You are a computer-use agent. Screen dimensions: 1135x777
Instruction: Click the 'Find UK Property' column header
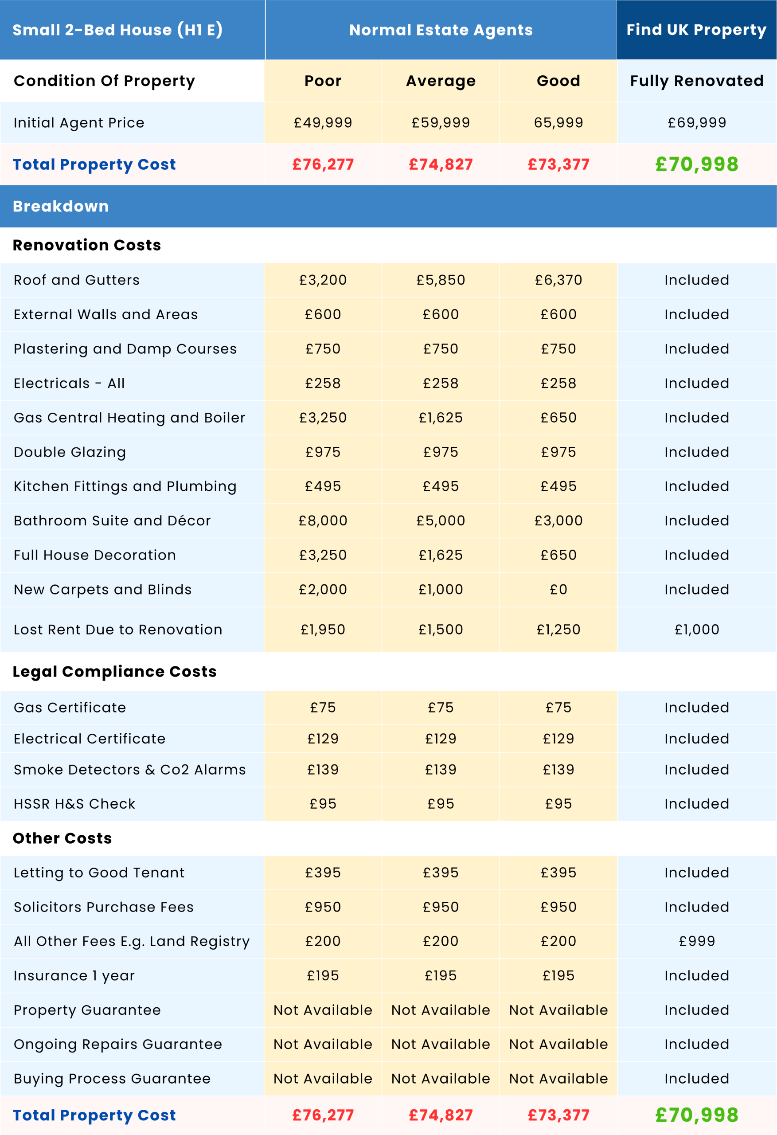(696, 30)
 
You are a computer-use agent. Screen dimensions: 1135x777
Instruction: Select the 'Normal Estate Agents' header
(441, 30)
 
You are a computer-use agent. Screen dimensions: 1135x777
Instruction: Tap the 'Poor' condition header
(323, 81)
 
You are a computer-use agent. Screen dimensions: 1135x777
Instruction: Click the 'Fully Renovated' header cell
(696, 81)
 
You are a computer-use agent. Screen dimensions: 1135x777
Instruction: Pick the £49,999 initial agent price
(323, 122)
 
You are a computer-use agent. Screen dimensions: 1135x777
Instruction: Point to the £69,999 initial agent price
(696, 122)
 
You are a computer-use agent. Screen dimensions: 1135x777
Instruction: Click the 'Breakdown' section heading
(61, 207)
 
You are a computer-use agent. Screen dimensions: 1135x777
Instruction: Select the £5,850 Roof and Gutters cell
(441, 280)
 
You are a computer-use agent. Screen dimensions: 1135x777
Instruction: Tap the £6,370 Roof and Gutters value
(558, 280)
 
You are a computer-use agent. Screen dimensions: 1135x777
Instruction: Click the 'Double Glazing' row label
(70, 452)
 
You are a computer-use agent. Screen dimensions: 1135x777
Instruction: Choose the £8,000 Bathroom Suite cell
(323, 521)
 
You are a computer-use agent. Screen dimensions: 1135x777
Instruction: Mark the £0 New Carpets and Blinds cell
(558, 590)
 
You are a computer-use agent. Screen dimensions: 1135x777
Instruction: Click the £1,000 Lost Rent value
(696, 630)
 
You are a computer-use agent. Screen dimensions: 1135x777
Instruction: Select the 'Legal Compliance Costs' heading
(114, 672)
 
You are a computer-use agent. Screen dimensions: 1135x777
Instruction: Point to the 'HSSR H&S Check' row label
(74, 804)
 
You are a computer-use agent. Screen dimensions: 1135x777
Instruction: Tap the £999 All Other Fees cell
(696, 941)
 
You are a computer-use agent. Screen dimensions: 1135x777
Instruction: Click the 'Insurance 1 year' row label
(74, 976)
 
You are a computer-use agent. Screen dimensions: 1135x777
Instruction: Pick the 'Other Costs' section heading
(62, 838)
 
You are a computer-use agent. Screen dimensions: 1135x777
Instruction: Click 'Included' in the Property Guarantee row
(696, 1010)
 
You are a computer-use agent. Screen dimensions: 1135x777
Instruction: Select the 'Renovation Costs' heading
(86, 245)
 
